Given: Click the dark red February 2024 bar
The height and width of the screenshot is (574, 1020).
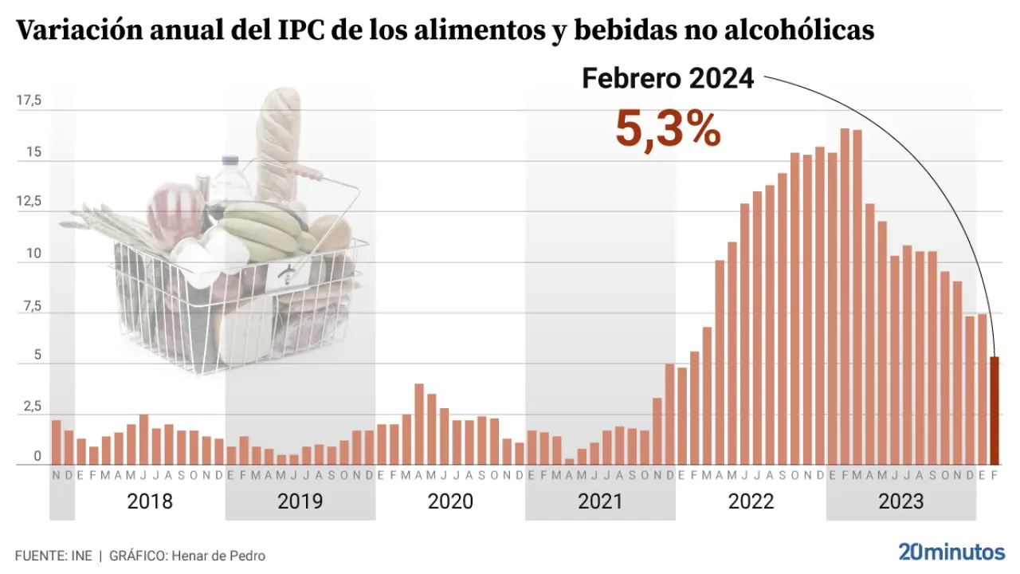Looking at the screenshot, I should [994, 411].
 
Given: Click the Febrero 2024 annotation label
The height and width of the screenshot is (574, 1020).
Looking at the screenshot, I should [668, 78].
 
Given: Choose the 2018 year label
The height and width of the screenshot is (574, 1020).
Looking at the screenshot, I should [150, 501].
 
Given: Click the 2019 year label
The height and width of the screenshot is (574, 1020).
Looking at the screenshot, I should [300, 501].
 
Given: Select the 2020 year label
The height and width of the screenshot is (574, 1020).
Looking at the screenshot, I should [450, 501].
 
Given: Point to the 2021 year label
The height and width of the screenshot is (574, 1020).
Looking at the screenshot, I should [600, 501].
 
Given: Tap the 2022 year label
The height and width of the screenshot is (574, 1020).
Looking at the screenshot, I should [751, 501].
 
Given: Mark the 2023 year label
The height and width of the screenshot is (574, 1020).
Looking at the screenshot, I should [900, 501].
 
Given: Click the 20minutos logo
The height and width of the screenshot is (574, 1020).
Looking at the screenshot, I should [951, 552].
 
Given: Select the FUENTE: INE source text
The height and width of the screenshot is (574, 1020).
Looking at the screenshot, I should [53, 556].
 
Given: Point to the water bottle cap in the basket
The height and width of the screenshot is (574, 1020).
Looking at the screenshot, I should [231, 160].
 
